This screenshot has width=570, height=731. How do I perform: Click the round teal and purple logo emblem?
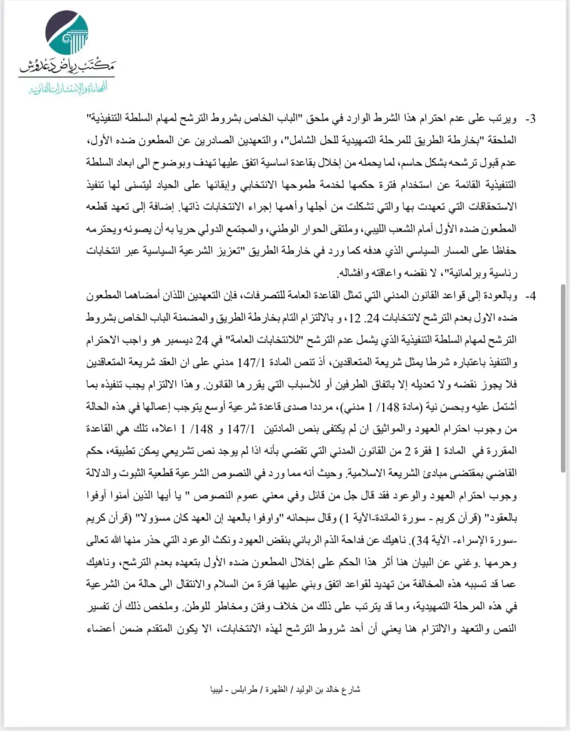(66, 34)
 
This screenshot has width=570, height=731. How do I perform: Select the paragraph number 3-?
(530, 120)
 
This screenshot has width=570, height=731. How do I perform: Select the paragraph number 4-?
(530, 296)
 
